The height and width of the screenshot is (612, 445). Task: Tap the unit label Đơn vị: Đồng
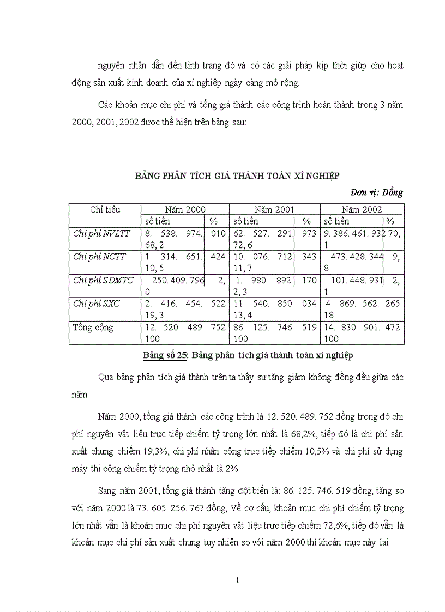(x=377, y=192)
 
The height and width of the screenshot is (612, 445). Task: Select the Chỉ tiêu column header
(x=105, y=209)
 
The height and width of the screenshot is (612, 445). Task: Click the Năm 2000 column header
(x=185, y=209)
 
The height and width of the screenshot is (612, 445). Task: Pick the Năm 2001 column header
(x=274, y=209)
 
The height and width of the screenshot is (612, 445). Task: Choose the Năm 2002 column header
(x=362, y=209)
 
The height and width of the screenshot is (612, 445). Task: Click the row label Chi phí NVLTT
(x=101, y=233)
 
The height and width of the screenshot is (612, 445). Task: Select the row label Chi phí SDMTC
(x=103, y=280)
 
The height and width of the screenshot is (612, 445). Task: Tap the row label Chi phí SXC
(x=97, y=304)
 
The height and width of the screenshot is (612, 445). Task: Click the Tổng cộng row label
(x=93, y=327)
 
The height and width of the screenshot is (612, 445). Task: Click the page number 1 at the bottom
(x=237, y=579)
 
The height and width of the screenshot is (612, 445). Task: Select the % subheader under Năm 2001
(x=306, y=221)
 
